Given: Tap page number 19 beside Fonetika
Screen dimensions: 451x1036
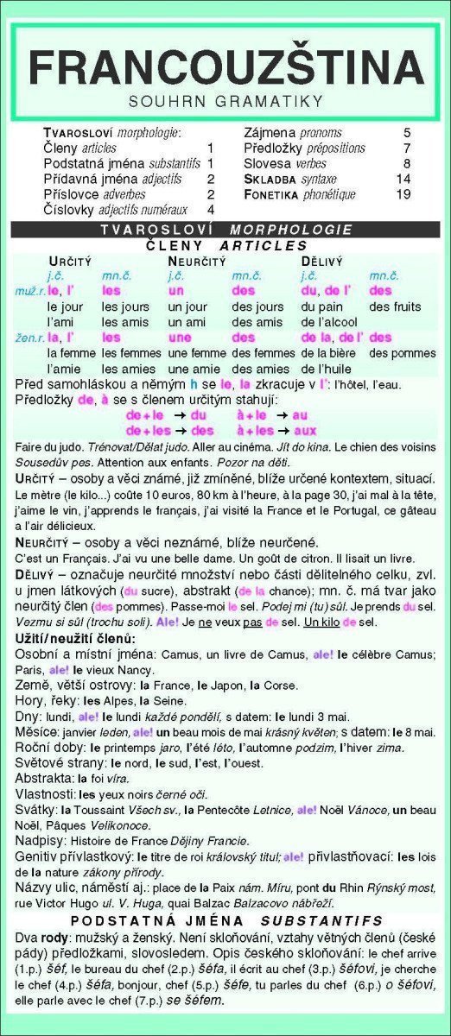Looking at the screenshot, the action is pos(403,194).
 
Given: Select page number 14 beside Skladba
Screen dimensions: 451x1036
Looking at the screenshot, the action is pos(403,179).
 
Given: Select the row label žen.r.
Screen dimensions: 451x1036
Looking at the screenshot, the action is pos(29,338).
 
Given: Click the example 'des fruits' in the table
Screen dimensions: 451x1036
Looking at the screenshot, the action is pos(395,307).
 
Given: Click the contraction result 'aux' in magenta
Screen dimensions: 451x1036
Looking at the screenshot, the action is pos(305,430).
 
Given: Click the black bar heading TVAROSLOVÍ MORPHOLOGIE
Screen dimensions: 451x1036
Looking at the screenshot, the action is pos(225,230).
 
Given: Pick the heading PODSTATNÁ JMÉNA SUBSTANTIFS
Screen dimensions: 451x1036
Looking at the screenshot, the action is pos(225,921).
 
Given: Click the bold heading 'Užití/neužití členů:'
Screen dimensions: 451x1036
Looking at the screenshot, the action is pos(75,638).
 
